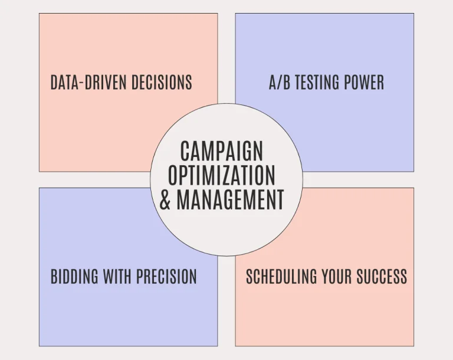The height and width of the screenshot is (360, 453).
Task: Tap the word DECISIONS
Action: tap(162, 82)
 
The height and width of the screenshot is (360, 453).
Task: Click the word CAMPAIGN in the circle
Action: tap(222, 151)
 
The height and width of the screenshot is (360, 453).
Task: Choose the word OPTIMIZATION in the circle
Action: tap(222, 175)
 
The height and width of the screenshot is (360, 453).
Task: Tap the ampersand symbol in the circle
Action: tap(165, 199)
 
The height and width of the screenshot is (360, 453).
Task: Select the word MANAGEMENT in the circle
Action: tap(230, 199)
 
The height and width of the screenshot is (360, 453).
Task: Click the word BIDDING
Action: tap(74, 276)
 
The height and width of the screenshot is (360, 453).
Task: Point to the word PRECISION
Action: tap(166, 276)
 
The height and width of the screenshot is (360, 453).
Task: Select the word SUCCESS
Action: tap(382, 276)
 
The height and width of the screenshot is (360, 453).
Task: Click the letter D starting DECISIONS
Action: tap(135, 82)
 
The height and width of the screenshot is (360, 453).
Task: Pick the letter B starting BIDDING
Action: tap(54, 276)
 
